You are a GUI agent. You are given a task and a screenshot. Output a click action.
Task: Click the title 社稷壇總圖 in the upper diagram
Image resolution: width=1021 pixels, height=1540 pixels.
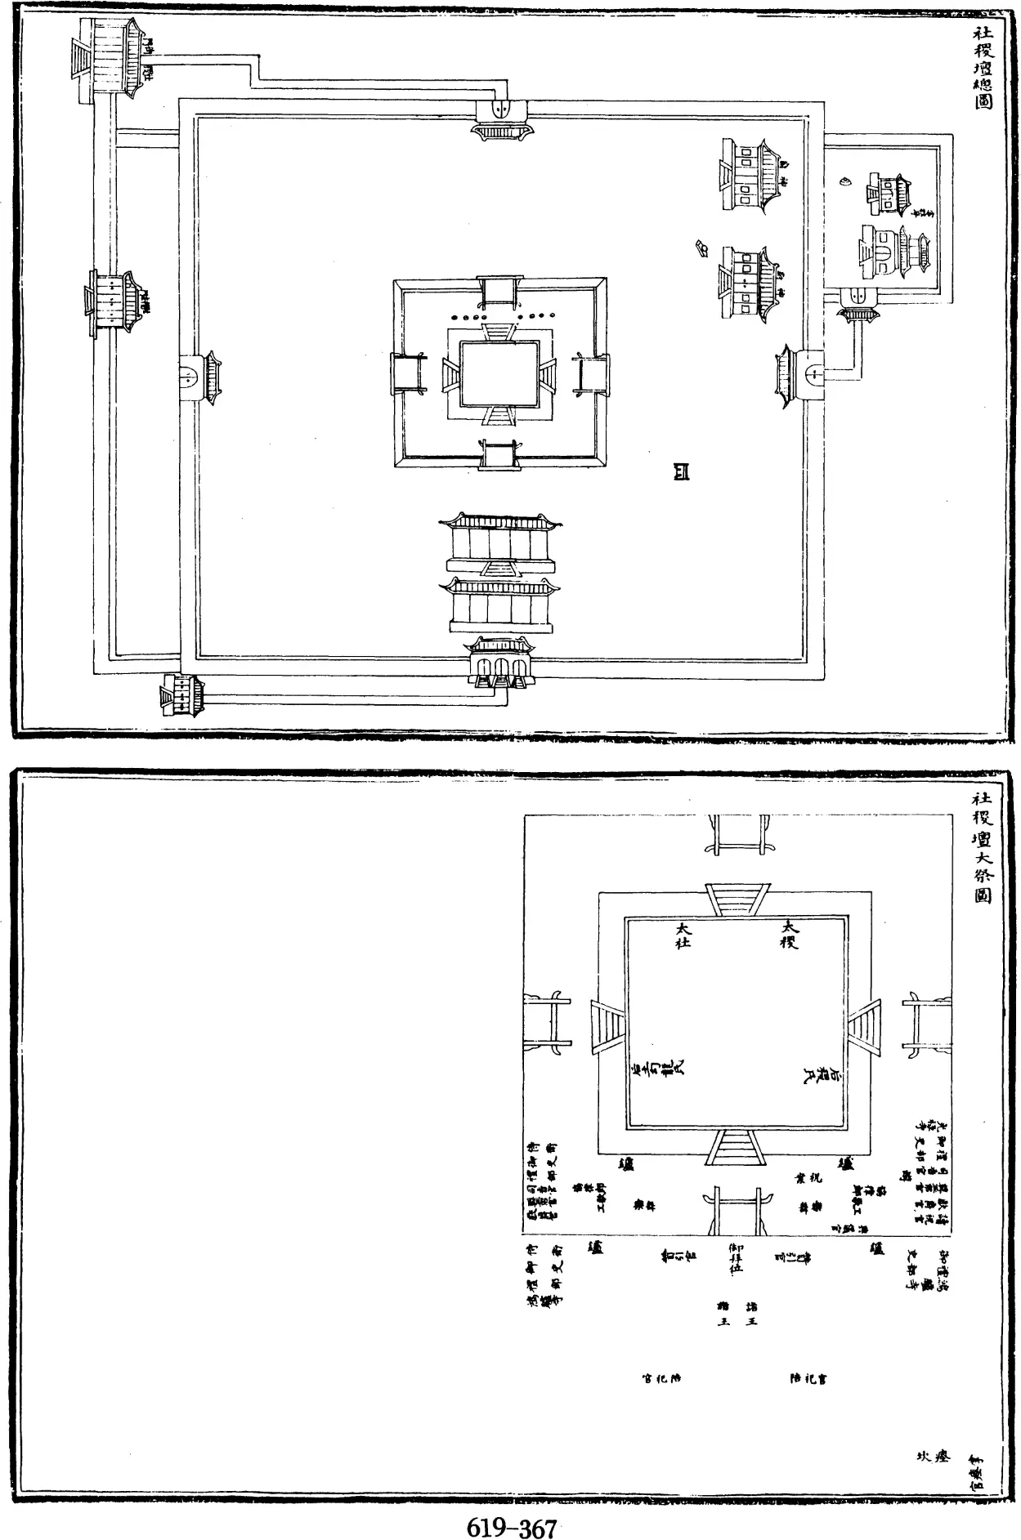click(982, 69)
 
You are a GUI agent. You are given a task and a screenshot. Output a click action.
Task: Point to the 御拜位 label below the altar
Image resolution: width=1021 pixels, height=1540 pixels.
click(737, 1259)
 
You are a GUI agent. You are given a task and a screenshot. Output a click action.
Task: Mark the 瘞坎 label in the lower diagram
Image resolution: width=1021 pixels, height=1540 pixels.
click(932, 1456)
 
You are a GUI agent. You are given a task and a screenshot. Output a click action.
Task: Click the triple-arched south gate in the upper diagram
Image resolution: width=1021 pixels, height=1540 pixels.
click(499, 662)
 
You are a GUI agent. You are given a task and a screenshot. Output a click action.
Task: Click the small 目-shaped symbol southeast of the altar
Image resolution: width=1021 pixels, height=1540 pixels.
click(681, 471)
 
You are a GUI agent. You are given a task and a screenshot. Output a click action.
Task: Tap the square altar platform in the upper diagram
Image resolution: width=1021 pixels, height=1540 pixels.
click(499, 373)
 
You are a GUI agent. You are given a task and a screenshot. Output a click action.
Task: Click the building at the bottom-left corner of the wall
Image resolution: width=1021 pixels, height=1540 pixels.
click(184, 694)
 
